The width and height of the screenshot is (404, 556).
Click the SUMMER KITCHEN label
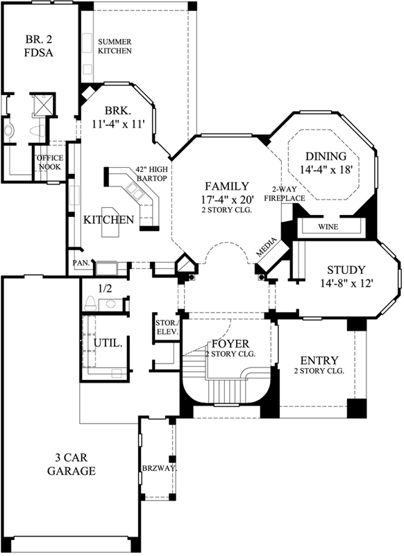[x=115, y=46]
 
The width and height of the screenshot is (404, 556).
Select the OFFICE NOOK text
[x=49, y=162]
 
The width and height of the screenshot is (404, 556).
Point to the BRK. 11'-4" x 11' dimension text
[x=118, y=118]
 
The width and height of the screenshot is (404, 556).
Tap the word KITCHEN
[x=108, y=220]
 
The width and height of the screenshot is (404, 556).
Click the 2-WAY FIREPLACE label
[x=289, y=194]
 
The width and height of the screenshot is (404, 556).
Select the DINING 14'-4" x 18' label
[x=326, y=162]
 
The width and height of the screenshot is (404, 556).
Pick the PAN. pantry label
[x=80, y=263]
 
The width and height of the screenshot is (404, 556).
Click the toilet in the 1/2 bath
[x=90, y=302]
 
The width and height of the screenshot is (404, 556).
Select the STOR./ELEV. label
[x=167, y=327]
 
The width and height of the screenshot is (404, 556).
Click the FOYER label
[x=230, y=344]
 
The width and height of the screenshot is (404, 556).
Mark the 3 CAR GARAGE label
[x=71, y=464]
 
